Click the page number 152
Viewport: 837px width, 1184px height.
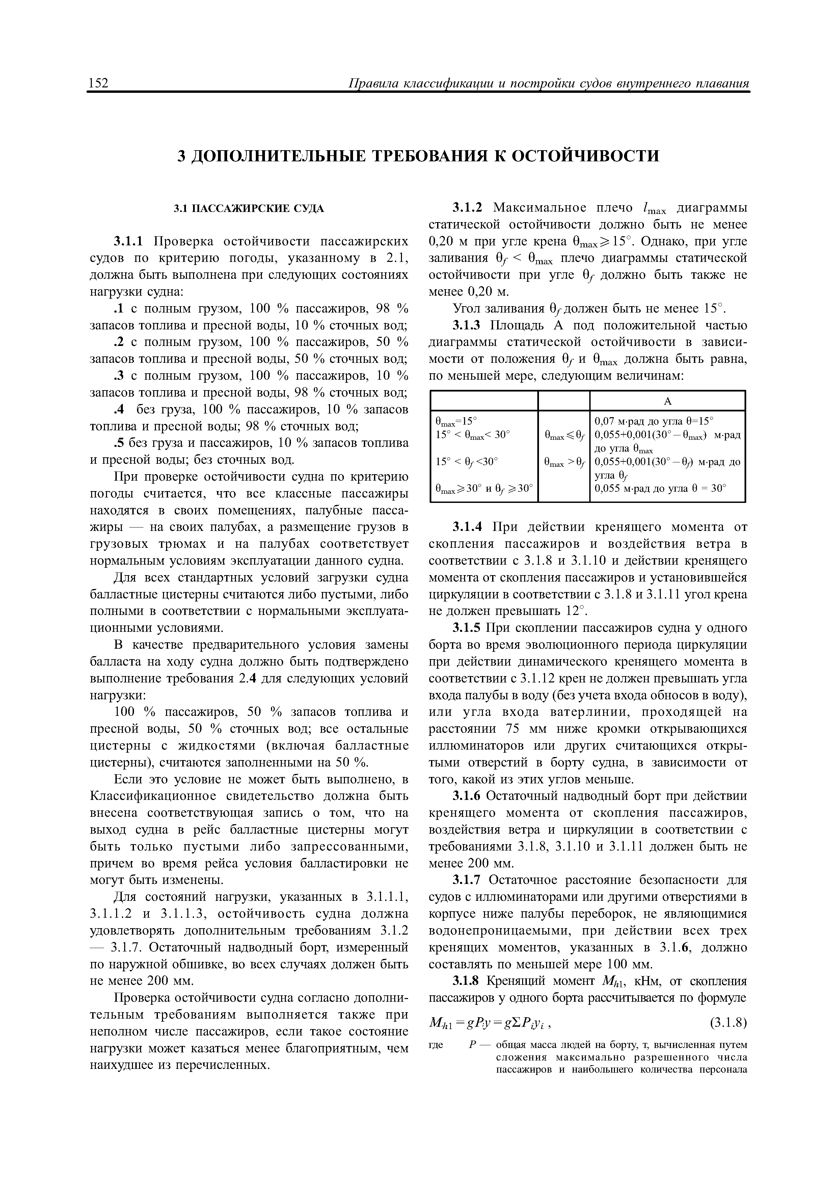tap(98, 83)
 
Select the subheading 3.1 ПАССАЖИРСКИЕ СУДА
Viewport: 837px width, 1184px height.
tap(249, 208)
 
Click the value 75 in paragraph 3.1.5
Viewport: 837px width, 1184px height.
tap(515, 729)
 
